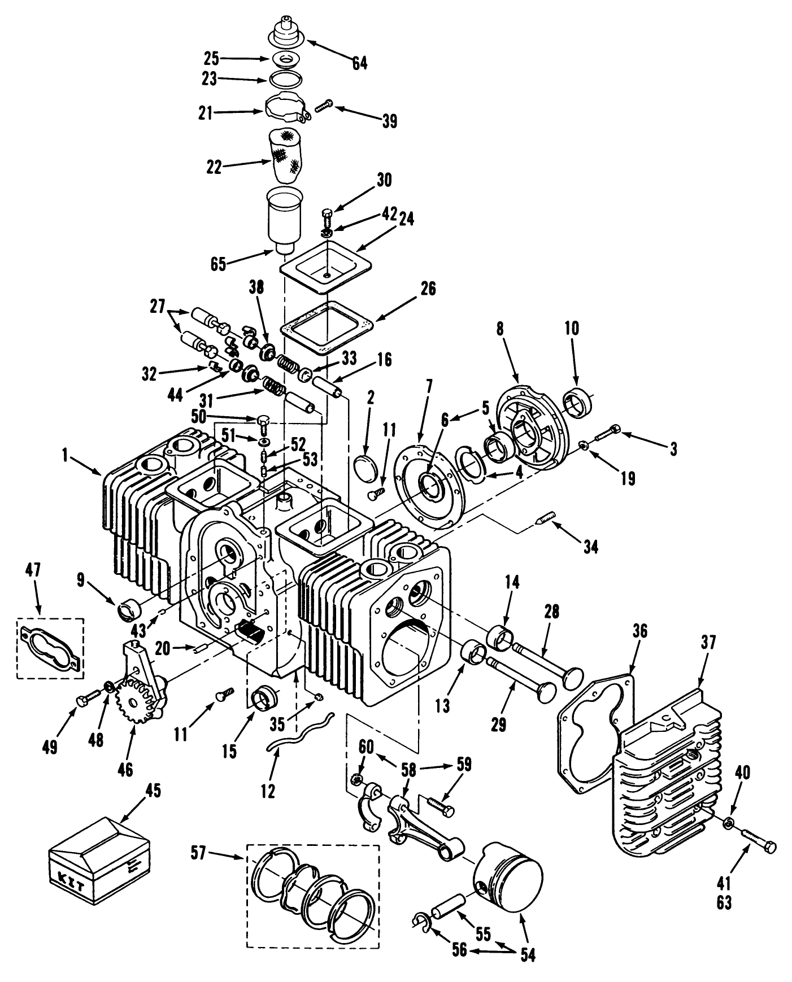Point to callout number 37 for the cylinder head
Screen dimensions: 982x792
coord(708,643)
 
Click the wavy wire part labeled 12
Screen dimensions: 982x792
coord(299,734)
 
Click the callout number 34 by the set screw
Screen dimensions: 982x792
coord(590,546)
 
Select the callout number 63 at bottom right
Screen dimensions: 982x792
coord(724,902)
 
